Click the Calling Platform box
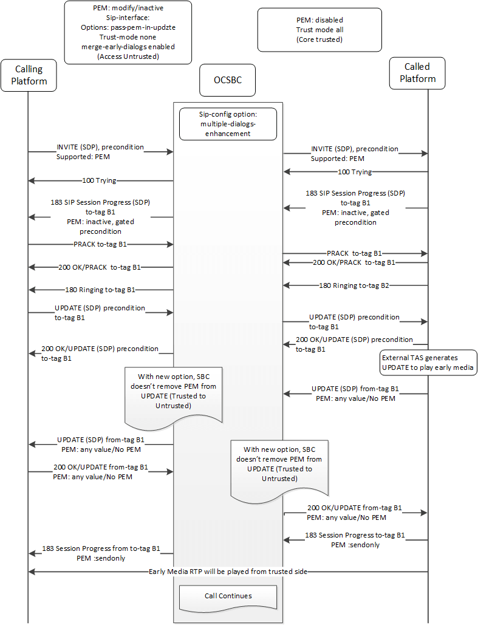coord(29,75)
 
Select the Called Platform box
coord(417,72)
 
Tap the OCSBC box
coord(227,80)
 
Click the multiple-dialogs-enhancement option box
coord(227,124)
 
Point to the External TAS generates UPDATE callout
coord(428,362)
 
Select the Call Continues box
coord(228,596)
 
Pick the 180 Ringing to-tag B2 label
coord(357,285)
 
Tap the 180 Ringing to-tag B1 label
coord(100,290)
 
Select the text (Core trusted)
coord(319,39)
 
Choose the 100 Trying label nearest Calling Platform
coord(99,180)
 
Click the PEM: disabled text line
coord(319,19)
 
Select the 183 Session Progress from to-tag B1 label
coord(101,548)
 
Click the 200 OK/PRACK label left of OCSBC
coord(100,267)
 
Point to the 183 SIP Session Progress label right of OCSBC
coord(355,193)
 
